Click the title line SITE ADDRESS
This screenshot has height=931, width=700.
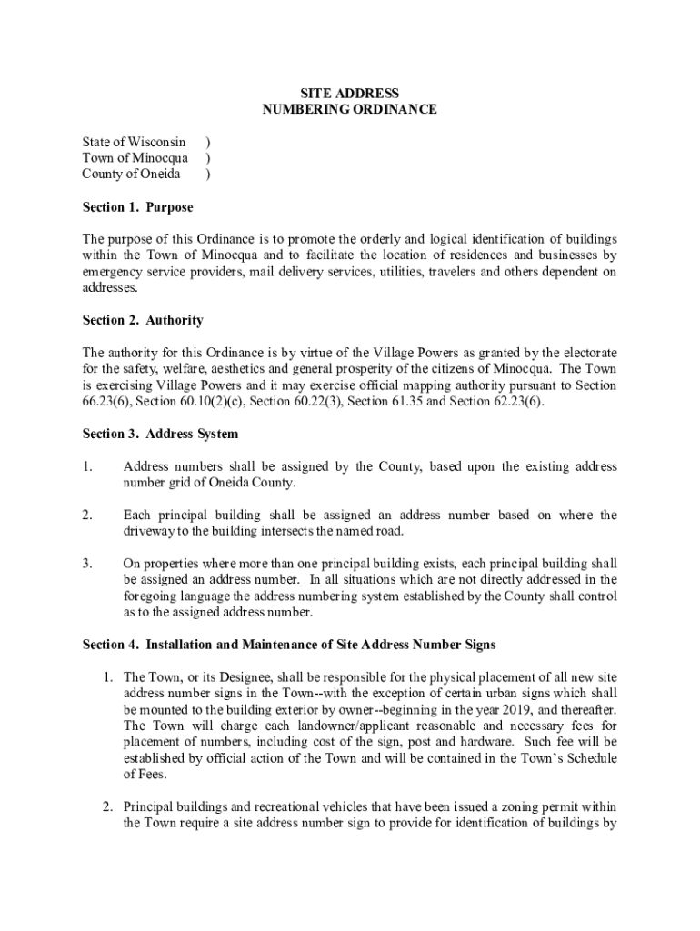[x=350, y=94]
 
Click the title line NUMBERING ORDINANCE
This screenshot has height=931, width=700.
[x=350, y=110]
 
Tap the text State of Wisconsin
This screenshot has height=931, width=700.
[x=134, y=142]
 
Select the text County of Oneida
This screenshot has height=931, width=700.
[x=131, y=175]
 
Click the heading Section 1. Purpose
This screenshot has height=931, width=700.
[x=137, y=207]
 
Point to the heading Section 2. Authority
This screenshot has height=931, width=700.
[x=143, y=320]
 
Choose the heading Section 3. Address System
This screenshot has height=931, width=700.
[x=160, y=433]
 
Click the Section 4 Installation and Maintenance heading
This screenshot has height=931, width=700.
[x=289, y=645]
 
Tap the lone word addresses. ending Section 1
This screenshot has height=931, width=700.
[x=110, y=287]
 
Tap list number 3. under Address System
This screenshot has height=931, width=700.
[x=87, y=563]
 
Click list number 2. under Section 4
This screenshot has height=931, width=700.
[x=106, y=807]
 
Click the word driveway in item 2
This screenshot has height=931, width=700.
[x=149, y=531]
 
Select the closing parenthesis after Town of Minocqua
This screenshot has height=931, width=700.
[x=208, y=158]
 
